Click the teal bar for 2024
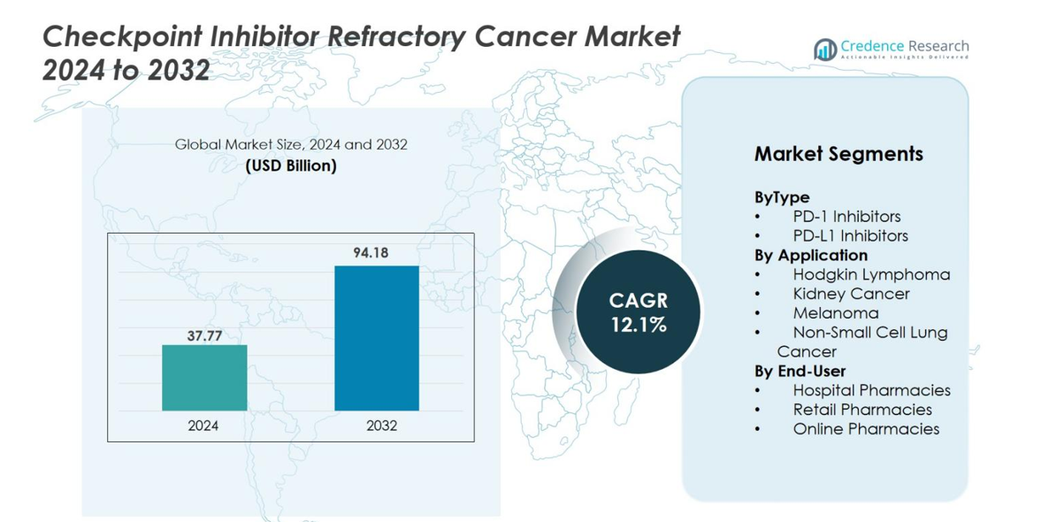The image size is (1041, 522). click(204, 378)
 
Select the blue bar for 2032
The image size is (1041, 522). click(376, 338)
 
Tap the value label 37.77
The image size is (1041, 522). click(204, 335)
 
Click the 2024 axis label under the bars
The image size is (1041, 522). click(203, 426)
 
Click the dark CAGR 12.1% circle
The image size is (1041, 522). click(638, 312)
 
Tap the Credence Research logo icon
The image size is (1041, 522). click(825, 49)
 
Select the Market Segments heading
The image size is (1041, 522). click(838, 154)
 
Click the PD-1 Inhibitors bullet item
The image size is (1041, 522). click(846, 217)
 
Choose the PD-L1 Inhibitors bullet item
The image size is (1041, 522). click(850, 236)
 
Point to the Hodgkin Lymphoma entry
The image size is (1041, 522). click(871, 274)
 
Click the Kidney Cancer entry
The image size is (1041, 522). click(851, 294)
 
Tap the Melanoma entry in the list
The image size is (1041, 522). click(836, 313)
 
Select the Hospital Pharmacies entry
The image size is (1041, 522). click(871, 390)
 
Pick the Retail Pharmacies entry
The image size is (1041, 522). click(862, 410)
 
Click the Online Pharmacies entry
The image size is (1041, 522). click(866, 429)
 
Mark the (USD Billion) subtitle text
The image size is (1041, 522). click(291, 165)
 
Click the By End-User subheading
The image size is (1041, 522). click(800, 371)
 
